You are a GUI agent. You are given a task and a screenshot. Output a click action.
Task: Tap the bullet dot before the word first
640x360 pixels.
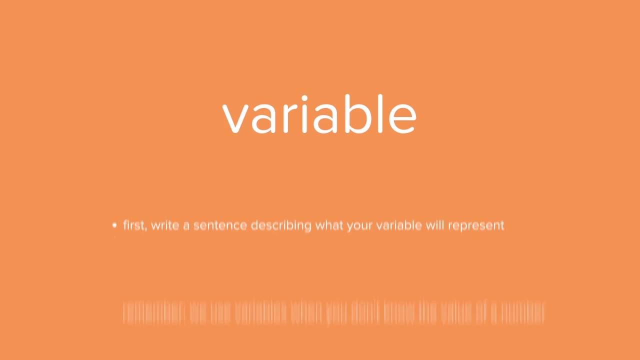[x=114, y=225]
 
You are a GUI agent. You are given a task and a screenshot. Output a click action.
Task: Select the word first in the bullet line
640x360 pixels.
[x=134, y=225]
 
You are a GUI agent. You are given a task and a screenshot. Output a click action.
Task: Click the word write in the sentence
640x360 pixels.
[x=164, y=225]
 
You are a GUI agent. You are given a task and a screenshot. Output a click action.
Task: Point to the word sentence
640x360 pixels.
[x=220, y=225]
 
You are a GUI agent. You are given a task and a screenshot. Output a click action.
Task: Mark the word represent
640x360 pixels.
[x=476, y=226]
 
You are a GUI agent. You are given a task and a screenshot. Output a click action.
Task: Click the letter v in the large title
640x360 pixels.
[x=235, y=118]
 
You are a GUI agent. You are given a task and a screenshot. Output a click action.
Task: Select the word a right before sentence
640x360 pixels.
[x=186, y=226]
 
